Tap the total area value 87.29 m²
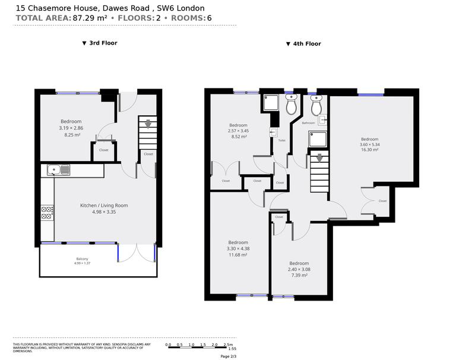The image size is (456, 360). pyautogui.click(x=89, y=18)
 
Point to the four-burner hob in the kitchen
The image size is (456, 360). pyautogui.click(x=47, y=213)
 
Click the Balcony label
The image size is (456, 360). pyautogui.click(x=83, y=258)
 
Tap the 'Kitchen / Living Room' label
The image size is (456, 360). pyautogui.click(x=104, y=206)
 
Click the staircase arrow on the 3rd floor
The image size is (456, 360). pyautogui.click(x=147, y=124)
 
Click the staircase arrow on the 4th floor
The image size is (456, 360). pyautogui.click(x=320, y=158)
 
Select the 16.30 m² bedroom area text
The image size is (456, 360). pyautogui.click(x=369, y=150)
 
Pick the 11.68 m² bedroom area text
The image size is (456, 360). pyautogui.click(x=238, y=255)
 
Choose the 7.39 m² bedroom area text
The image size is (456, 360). pyautogui.click(x=299, y=276)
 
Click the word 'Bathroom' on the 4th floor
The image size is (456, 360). pyautogui.click(x=308, y=123)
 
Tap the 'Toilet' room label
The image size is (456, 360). pyautogui.click(x=281, y=141)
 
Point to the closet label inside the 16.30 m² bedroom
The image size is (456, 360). pyautogui.click(x=382, y=201)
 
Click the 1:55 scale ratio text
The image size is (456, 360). pyautogui.click(x=224, y=349)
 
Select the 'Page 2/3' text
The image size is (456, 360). pyautogui.click(x=228, y=356)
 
